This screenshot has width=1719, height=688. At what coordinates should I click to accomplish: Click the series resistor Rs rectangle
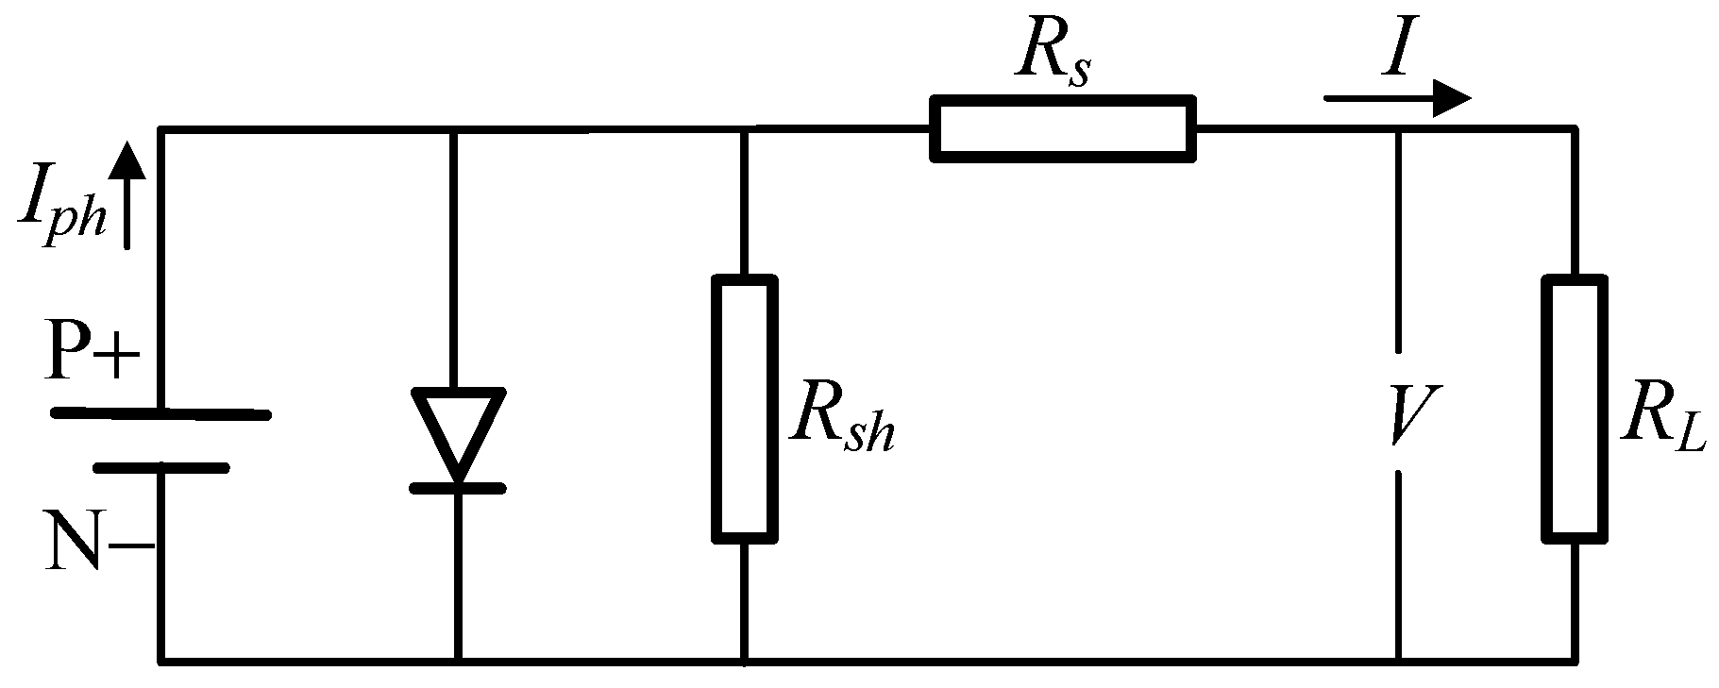1063,128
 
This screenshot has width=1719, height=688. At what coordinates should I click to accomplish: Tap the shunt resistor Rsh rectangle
745,410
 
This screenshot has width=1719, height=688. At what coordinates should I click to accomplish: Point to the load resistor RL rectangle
1574,410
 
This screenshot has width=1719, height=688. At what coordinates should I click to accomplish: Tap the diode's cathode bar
458,487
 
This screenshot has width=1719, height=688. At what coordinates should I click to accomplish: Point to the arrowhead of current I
1449,97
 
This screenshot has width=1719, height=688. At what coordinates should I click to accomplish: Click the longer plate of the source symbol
160,413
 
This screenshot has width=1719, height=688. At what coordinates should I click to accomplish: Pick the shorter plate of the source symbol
160,467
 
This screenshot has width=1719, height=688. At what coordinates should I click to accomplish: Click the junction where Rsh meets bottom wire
745,661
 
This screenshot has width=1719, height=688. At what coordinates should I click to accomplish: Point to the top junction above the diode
458,129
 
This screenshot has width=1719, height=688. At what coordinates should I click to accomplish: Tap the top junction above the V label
1398,129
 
